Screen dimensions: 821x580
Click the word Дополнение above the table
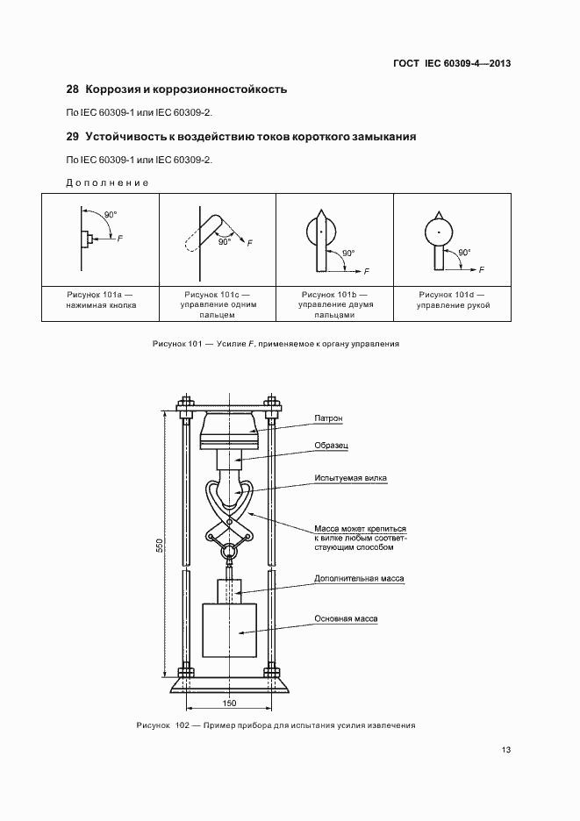click(x=107, y=182)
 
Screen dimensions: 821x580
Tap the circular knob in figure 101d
click(x=438, y=232)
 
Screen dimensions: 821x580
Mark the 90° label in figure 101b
click(x=348, y=253)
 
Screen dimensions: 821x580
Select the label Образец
click(x=332, y=446)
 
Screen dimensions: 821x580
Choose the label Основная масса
click(x=346, y=618)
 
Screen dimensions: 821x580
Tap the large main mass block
click(x=229, y=630)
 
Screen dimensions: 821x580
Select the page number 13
click(x=505, y=750)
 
